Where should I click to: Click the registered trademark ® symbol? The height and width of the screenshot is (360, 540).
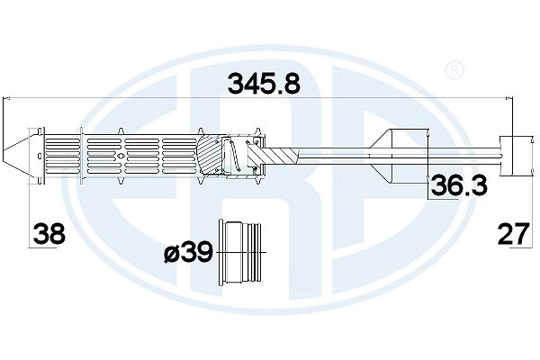pos(455,69)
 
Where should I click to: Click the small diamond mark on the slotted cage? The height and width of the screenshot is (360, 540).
pos(120,154)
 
